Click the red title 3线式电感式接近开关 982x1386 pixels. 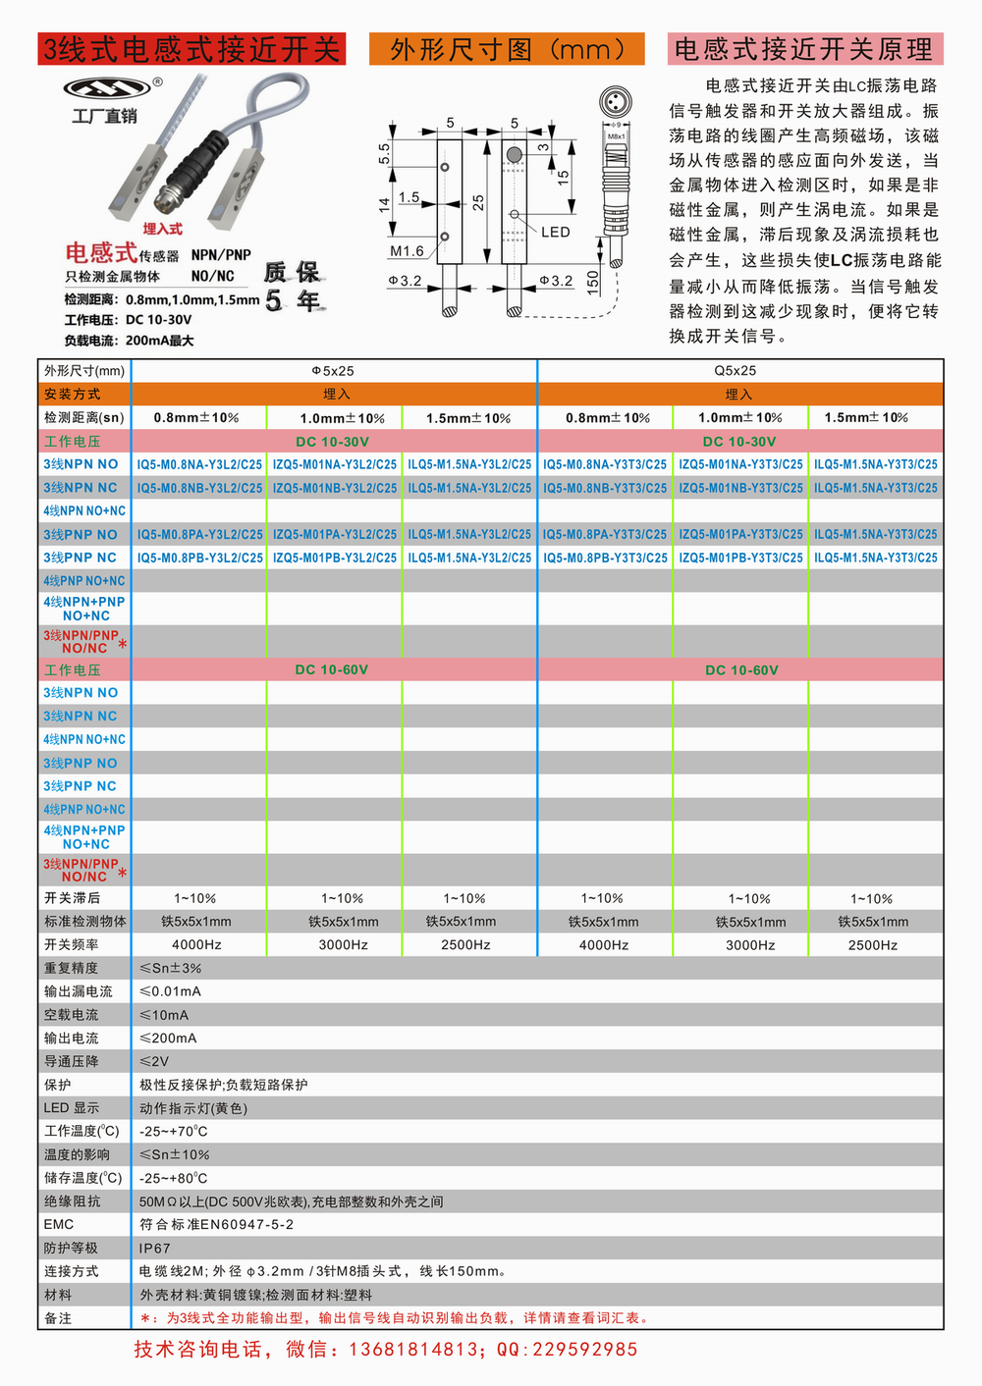click(x=191, y=49)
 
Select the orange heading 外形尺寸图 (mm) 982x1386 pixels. click(x=507, y=49)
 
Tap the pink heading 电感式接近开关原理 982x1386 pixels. click(x=804, y=49)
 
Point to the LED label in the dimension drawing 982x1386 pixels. click(x=555, y=233)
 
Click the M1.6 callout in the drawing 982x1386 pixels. click(x=407, y=251)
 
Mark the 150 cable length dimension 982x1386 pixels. click(x=592, y=283)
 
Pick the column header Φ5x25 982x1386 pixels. click(x=333, y=371)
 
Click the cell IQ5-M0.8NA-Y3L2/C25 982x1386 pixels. click(x=199, y=464)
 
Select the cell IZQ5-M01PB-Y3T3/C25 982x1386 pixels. click(x=740, y=558)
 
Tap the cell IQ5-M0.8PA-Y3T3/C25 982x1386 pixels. click(x=605, y=534)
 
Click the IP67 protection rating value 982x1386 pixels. click(x=155, y=1249)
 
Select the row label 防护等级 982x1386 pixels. click(x=71, y=1249)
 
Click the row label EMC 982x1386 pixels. click(x=59, y=1225)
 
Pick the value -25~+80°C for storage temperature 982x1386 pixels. click(x=174, y=1178)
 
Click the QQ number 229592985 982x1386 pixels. click(x=584, y=1350)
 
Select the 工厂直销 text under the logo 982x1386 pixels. click(x=104, y=116)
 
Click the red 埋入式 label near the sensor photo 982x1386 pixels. click(x=162, y=229)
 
